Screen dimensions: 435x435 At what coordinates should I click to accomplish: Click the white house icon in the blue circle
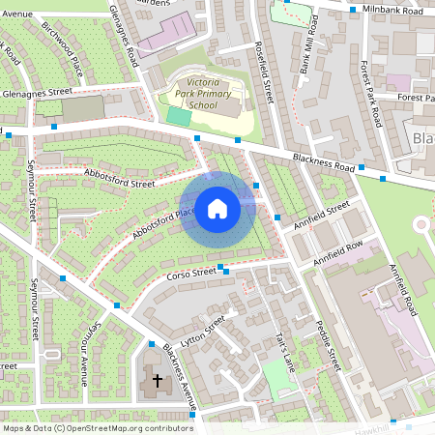tap(217, 207)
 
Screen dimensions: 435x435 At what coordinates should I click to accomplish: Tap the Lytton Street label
tap(203, 327)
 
